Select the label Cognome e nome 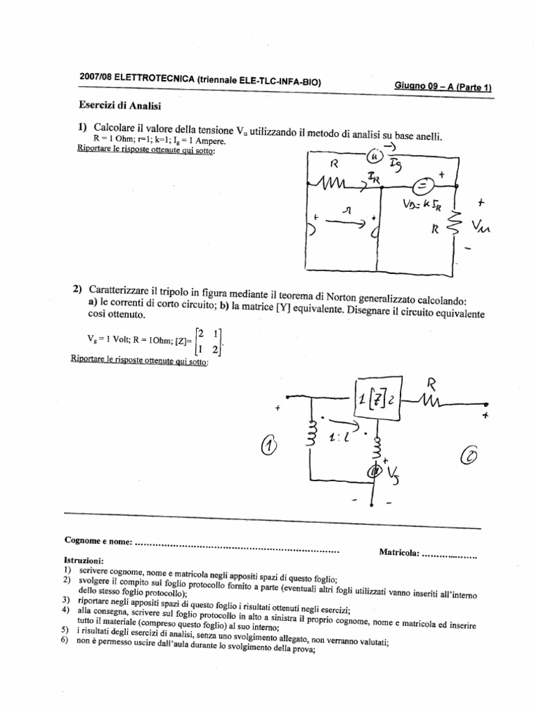tap(97, 540)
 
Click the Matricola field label tap(399, 553)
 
